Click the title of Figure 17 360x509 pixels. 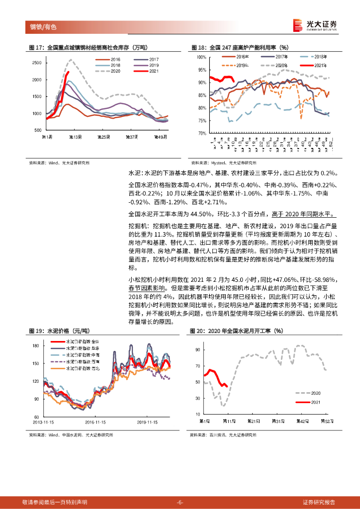coord(88,48)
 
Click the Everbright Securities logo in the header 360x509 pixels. coord(315,25)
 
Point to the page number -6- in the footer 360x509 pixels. coord(180,502)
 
